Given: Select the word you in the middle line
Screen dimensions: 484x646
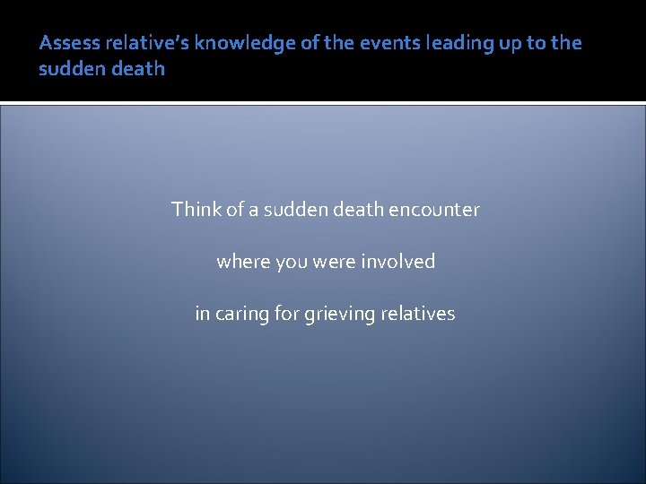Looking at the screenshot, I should (291, 262).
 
